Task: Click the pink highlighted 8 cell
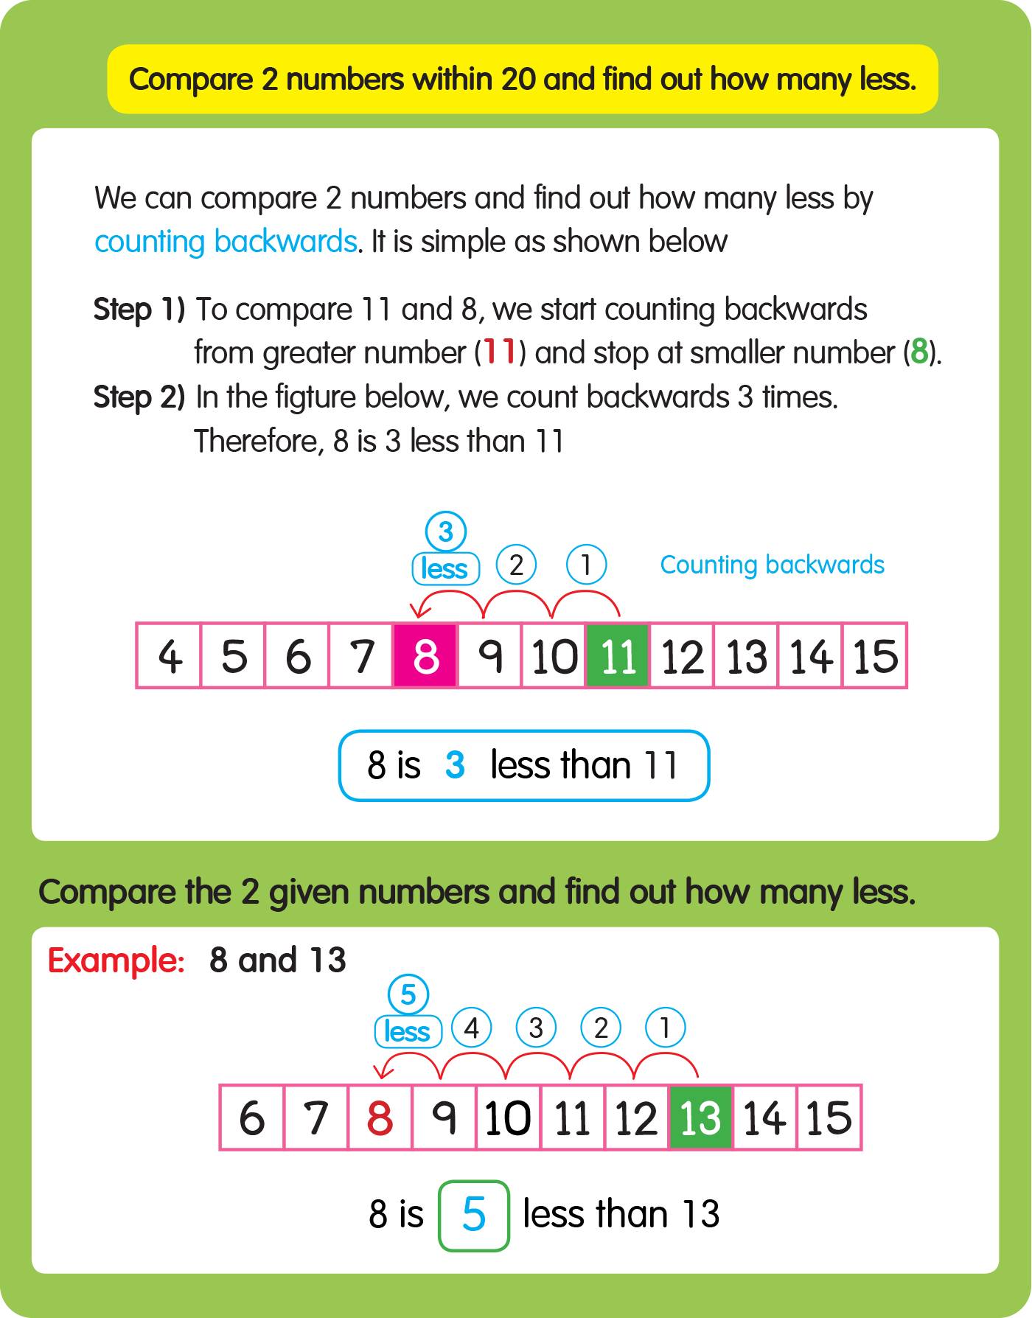point(425,655)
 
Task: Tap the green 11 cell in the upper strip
point(618,655)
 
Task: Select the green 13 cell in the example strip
point(700,1117)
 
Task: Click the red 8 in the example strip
point(380,1117)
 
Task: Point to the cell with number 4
point(170,655)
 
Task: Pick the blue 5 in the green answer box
point(474,1215)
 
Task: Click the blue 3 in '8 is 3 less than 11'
point(455,765)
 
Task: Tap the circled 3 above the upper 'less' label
point(446,531)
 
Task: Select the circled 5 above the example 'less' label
point(408,994)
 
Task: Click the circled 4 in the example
point(472,1028)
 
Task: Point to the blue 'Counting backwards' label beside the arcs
point(772,565)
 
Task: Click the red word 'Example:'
point(116,960)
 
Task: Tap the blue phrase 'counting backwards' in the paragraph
point(226,242)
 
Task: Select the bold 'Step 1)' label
point(139,310)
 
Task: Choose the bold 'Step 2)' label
point(139,397)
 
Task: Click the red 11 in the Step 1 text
point(499,352)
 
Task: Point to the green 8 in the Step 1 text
point(918,352)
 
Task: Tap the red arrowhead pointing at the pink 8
point(418,611)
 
